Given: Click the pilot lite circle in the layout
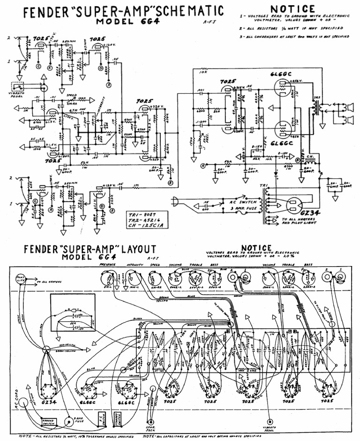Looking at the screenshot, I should click(21, 280).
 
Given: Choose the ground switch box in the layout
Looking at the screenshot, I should click(49, 422).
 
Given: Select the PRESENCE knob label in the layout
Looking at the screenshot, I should click(107, 265).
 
